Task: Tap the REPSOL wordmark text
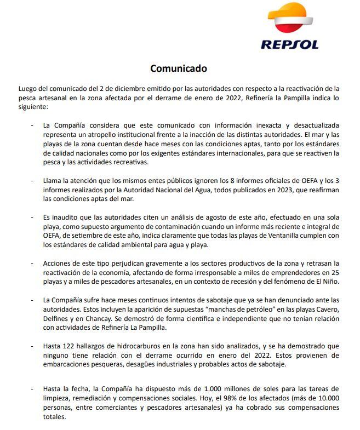[x=289, y=44]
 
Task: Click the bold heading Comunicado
[x=179, y=69]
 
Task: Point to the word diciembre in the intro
[x=121, y=88]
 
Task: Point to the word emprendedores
[x=298, y=273]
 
